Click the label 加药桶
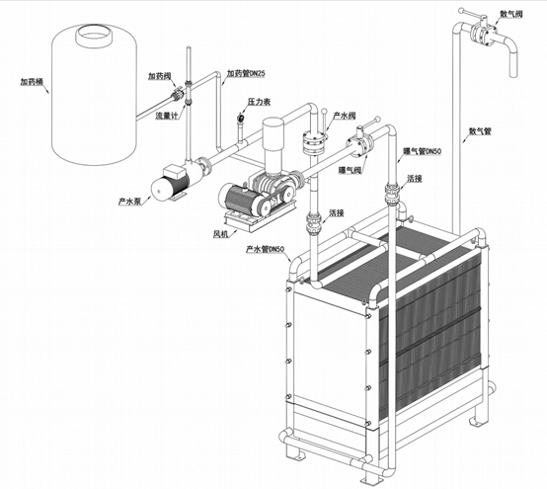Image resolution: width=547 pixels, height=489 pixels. [31, 82]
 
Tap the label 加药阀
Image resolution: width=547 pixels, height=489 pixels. [159, 76]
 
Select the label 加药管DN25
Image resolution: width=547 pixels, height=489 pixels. [246, 73]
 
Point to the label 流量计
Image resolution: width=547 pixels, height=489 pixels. [167, 116]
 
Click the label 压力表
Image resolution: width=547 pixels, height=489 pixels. [260, 102]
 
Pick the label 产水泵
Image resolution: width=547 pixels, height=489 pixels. [129, 202]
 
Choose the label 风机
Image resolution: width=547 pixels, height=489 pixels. [220, 233]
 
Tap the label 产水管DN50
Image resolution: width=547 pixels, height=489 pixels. [266, 249]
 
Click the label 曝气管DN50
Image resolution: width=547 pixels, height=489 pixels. [423, 151]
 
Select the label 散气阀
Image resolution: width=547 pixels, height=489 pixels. [511, 14]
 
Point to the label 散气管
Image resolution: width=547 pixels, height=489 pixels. [480, 131]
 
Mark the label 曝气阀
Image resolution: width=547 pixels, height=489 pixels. [350, 170]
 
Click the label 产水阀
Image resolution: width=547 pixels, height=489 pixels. [345, 116]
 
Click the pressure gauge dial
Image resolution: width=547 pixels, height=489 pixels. [241, 118]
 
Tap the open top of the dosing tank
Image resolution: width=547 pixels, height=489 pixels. [94, 35]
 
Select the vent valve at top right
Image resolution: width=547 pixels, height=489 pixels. [484, 34]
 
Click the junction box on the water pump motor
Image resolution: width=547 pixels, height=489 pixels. [176, 171]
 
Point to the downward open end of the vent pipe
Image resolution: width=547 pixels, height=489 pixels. [512, 74]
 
